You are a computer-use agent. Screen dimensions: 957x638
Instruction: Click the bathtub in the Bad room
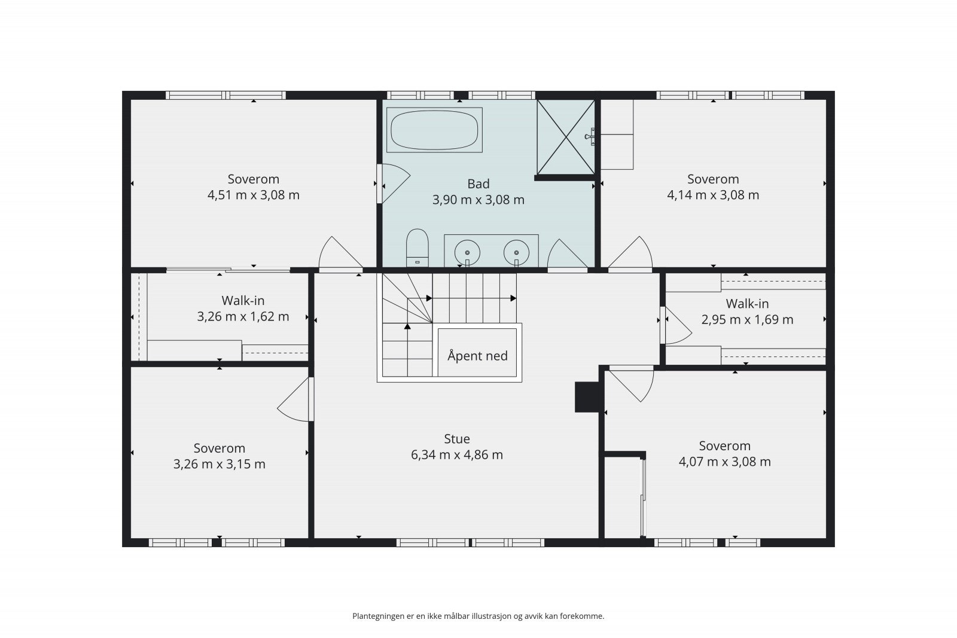coord(434,130)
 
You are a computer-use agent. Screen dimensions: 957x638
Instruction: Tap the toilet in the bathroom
coord(417,248)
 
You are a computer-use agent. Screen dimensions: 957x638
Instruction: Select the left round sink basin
coord(467,252)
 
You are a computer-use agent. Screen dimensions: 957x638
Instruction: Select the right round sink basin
coord(517,252)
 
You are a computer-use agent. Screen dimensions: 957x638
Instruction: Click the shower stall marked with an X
coord(566,137)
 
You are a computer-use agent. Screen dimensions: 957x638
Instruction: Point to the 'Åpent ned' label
coord(477,355)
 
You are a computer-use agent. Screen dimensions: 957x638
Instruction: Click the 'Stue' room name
coord(457,438)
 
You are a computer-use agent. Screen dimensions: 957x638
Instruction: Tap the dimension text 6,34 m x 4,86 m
coord(457,455)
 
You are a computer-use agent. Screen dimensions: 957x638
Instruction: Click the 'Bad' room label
coord(478,184)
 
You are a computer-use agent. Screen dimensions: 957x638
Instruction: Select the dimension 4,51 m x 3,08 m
coord(254,195)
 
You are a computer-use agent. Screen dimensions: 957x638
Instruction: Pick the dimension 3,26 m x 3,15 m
coord(219,464)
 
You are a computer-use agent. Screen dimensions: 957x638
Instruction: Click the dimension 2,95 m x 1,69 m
coord(747,319)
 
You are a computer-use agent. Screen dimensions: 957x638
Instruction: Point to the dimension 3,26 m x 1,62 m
coord(243,316)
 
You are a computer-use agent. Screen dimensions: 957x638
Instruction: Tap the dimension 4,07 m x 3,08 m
coord(724,462)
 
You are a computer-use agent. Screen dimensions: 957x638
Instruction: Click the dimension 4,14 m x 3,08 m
coord(713,195)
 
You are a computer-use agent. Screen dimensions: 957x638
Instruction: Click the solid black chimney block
coord(589,397)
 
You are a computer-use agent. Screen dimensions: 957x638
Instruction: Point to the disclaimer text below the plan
coord(478,616)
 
